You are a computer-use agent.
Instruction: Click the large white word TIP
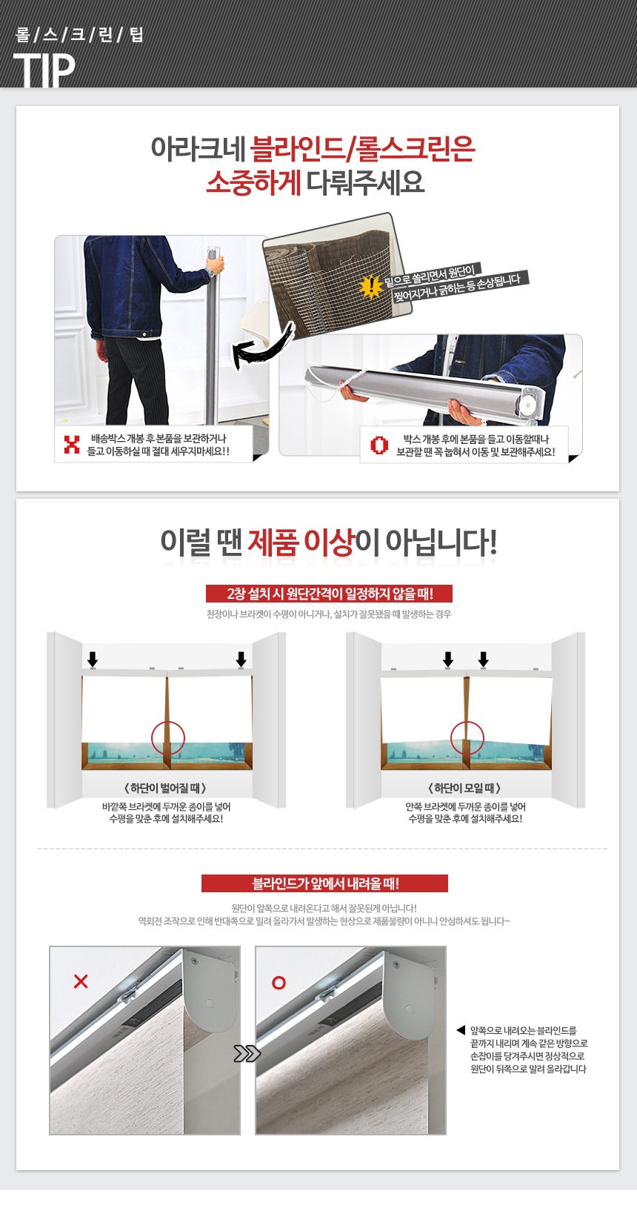[x=44, y=70]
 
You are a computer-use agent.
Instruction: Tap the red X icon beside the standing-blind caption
[x=72, y=445]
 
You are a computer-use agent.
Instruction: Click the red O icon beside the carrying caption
[x=378, y=445]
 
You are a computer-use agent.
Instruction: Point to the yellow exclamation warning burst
[x=371, y=286]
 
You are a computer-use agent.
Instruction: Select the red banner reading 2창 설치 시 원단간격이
[x=330, y=594]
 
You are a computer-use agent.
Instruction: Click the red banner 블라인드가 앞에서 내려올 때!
[x=325, y=883]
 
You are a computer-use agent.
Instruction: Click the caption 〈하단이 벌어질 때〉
[x=165, y=788]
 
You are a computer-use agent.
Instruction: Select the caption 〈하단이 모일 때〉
[x=464, y=788]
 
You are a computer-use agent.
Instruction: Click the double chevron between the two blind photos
[x=247, y=1053]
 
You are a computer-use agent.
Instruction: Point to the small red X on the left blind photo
[x=81, y=981]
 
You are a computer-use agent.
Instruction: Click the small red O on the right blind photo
[x=279, y=983]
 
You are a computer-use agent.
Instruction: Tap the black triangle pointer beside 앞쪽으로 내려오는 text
[x=461, y=1030]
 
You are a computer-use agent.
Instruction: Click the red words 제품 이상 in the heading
[x=300, y=542]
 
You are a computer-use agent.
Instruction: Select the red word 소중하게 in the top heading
[x=253, y=183]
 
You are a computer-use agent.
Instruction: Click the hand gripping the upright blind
[x=215, y=265]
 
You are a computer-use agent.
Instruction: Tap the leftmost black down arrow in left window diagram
[x=93, y=659]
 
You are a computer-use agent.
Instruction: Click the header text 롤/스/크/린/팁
[x=79, y=35]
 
